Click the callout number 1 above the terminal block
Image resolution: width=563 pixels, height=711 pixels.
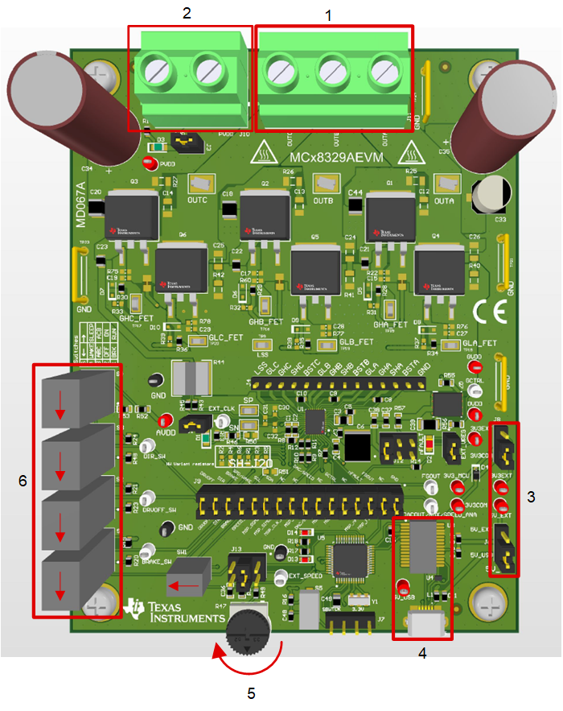coord(327,14)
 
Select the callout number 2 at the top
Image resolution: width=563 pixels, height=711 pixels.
coord(187,13)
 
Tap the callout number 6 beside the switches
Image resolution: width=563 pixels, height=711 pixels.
coord(23,481)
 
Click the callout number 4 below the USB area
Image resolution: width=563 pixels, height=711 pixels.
coord(422,653)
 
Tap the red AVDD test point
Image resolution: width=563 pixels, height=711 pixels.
coord(166,420)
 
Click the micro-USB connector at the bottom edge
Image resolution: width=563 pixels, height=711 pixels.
coord(425,622)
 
